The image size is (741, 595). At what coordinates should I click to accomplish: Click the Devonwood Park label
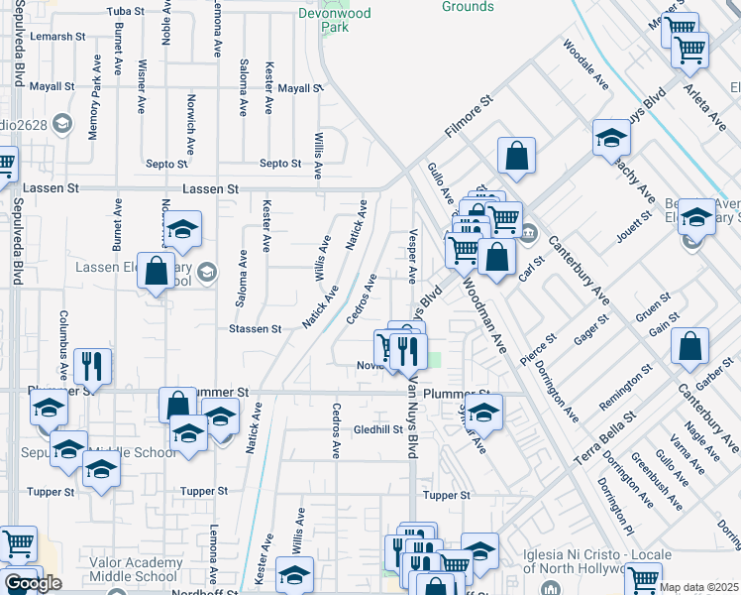[x=336, y=21]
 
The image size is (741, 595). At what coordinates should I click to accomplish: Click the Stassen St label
[x=255, y=328]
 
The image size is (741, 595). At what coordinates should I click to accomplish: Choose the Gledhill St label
[x=374, y=429]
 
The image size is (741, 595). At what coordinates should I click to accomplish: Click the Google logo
[x=33, y=583]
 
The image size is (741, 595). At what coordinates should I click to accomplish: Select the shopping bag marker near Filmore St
[x=516, y=156]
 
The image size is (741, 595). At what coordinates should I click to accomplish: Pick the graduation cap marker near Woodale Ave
[x=612, y=138]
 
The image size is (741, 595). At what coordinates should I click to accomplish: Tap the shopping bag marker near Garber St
[x=690, y=346]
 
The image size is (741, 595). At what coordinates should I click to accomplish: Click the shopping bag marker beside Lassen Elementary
[x=157, y=271]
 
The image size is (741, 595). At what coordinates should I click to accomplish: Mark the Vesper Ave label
[x=412, y=253]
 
